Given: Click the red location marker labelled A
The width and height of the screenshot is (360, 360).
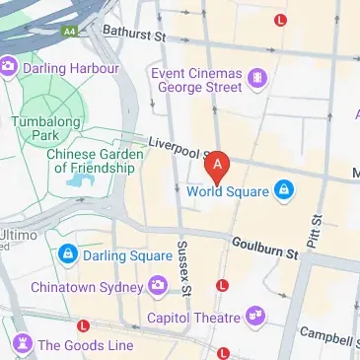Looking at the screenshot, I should click(x=217, y=166).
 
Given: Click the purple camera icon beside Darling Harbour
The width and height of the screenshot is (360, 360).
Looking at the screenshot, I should click(x=9, y=67).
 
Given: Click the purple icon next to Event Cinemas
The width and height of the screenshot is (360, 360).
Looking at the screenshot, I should click(x=256, y=77).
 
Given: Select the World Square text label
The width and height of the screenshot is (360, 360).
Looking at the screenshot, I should click(x=229, y=190).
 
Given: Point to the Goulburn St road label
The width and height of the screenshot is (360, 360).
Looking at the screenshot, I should click(x=264, y=248).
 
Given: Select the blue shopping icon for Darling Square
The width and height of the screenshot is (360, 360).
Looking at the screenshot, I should click(x=66, y=254).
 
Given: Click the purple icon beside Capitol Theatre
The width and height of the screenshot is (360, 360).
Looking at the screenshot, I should click(x=256, y=317).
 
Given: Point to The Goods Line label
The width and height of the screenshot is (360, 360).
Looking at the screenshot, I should click(x=85, y=345).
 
